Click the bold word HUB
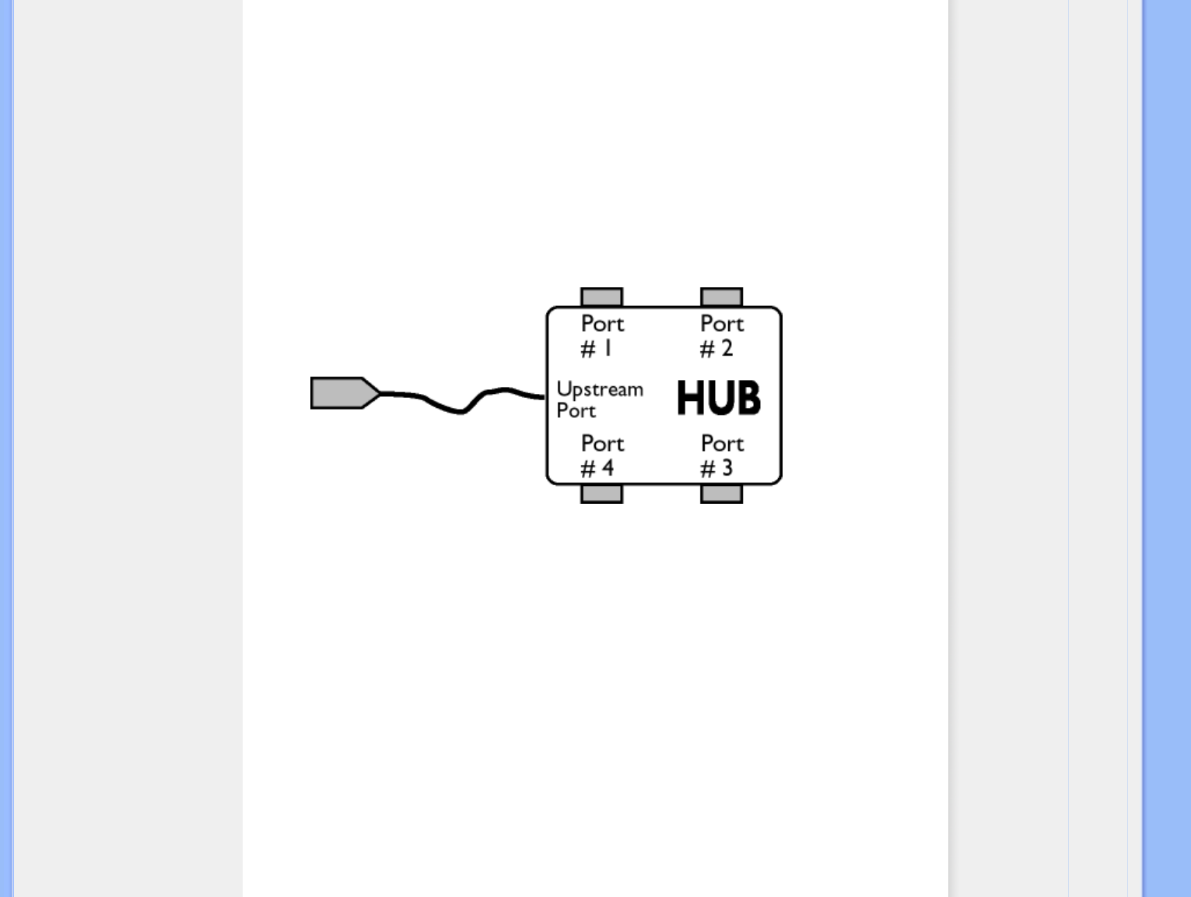[718, 398]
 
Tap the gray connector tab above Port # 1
[601, 297]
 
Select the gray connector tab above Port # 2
[721, 297]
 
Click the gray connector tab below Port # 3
[721, 494]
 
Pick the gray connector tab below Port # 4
[601, 494]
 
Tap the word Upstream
[600, 389]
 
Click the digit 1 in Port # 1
[608, 348]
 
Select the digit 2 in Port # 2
[727, 348]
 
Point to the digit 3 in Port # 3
[727, 468]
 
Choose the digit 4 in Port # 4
[608, 468]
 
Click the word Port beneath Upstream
[576, 411]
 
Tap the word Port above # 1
[602, 323]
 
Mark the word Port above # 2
[722, 323]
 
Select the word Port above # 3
[722, 443]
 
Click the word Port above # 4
[602, 443]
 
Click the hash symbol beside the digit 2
[706, 350]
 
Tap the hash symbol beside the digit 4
[587, 469]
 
